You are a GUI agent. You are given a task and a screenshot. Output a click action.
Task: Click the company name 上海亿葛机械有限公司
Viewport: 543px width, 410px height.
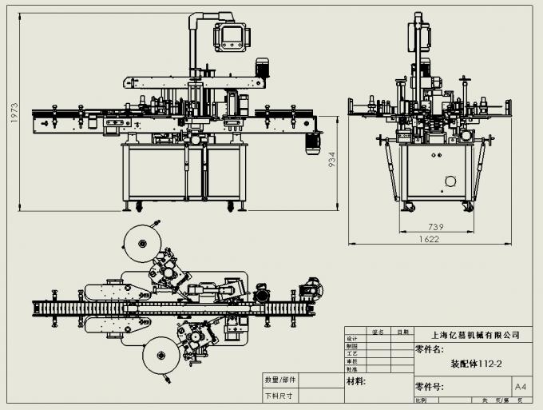[x=474, y=335]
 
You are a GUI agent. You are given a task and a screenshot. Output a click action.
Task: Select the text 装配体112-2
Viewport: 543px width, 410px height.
[x=476, y=364]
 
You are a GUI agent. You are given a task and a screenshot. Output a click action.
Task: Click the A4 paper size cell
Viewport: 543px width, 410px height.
[x=520, y=387]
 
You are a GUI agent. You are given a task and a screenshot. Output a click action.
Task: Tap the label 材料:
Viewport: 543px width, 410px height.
[x=356, y=382]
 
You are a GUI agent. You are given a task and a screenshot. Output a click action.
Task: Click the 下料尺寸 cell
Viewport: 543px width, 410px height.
[x=279, y=396]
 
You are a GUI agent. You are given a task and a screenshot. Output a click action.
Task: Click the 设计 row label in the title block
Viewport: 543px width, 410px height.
[x=351, y=339]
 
